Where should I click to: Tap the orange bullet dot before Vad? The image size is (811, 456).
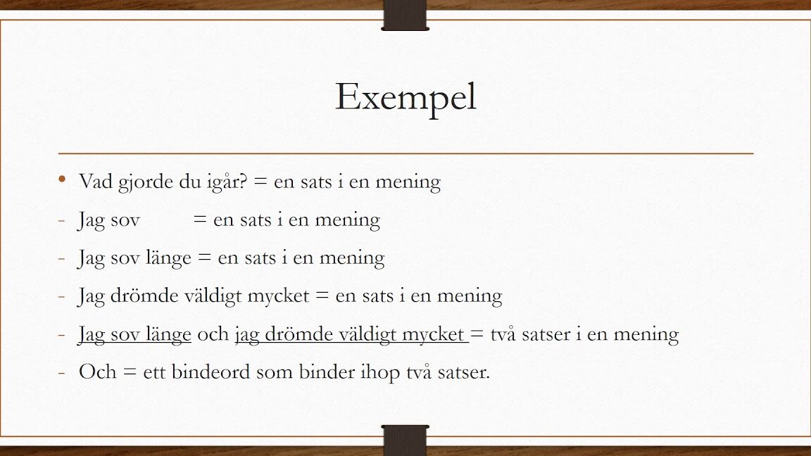tap(62, 179)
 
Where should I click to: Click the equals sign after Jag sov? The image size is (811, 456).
tap(200, 220)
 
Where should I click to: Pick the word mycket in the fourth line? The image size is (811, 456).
tap(278, 296)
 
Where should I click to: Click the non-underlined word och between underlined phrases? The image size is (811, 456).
tap(213, 334)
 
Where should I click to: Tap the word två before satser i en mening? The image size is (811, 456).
tap(503, 334)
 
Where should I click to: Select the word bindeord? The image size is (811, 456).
tap(210, 372)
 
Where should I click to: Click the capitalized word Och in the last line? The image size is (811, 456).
tap(97, 372)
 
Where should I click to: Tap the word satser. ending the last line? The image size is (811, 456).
tap(463, 373)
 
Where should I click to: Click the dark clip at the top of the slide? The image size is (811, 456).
tap(405, 15)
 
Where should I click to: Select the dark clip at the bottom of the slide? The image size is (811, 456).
tap(405, 441)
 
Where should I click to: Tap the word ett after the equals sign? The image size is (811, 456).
tap(154, 373)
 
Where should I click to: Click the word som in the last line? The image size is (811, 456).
tap(275, 374)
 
